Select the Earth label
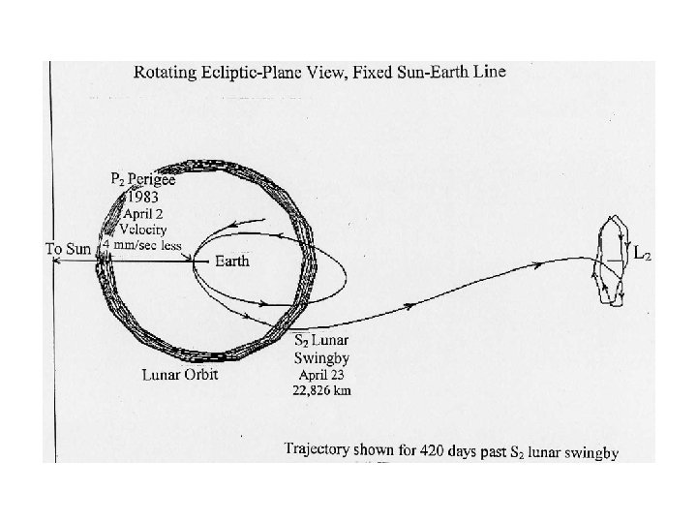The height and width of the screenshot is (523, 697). point(232,261)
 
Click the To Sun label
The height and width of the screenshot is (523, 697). point(69,249)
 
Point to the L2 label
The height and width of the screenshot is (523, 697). point(642,254)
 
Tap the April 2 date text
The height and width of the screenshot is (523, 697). point(145,212)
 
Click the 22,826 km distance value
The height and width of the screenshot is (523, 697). point(323,390)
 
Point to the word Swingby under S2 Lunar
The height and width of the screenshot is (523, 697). point(320,356)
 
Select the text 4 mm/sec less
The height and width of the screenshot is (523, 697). point(142,245)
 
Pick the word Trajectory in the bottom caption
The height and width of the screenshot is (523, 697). point(317,449)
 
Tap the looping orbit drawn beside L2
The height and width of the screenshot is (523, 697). point(609,262)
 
